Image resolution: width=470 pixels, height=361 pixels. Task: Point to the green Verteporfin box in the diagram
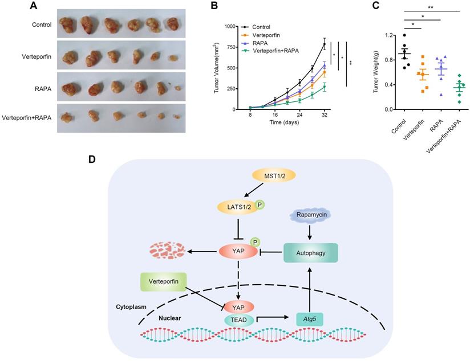(x=164, y=282)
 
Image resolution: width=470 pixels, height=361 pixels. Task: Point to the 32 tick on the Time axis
(x=324, y=114)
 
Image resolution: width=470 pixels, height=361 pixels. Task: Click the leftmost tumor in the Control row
(x=70, y=24)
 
